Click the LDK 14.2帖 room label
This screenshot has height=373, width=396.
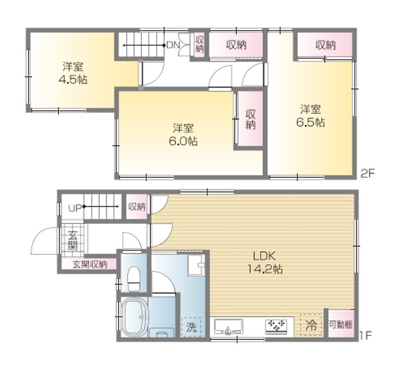tap(265, 263)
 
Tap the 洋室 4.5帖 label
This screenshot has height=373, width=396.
tap(73, 73)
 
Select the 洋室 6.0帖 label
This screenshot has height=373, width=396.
tap(183, 134)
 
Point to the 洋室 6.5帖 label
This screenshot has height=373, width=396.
tap(310, 116)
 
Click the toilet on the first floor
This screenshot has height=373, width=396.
tap(134, 279)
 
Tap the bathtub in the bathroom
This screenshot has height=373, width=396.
tap(134, 317)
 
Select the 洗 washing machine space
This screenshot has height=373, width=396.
tap(191, 327)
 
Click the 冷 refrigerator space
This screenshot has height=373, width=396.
tap(312, 325)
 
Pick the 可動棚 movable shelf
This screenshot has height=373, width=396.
tap(340, 324)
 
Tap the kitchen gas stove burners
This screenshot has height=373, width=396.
tap(276, 327)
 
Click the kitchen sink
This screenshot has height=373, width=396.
tap(228, 327)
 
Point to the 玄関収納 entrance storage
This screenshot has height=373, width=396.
tap(89, 264)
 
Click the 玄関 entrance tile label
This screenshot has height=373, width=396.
tap(73, 241)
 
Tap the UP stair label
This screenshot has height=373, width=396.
tap(75, 208)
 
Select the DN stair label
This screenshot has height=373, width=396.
tap(173, 45)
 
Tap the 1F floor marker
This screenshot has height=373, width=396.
tap(365, 336)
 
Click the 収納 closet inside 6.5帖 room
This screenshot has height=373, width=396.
tap(325, 45)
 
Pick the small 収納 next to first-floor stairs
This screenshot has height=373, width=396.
tap(136, 207)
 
